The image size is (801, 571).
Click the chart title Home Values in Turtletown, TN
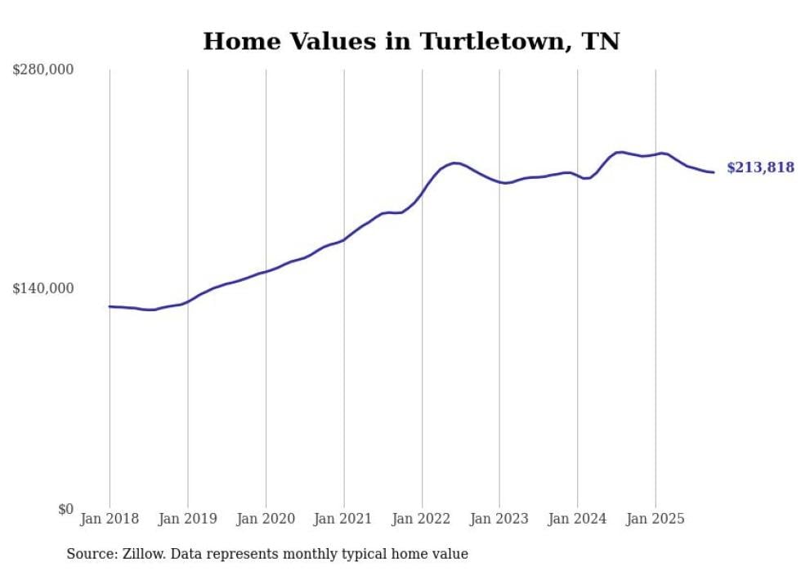411,41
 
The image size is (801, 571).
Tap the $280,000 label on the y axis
43,69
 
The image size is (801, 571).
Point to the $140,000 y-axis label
43,288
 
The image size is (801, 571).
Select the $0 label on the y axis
65,509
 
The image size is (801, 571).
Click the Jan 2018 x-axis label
110,519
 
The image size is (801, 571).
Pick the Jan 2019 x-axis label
187,519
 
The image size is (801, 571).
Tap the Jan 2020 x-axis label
266,519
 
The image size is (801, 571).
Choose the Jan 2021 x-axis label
343,519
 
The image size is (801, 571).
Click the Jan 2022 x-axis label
422,519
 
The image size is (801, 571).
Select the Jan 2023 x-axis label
499,519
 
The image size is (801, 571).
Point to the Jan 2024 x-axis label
578,519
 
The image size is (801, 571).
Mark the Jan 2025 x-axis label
656,519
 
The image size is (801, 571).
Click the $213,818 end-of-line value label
760,167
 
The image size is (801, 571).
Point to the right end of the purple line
714,172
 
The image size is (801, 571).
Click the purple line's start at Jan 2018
110,306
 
